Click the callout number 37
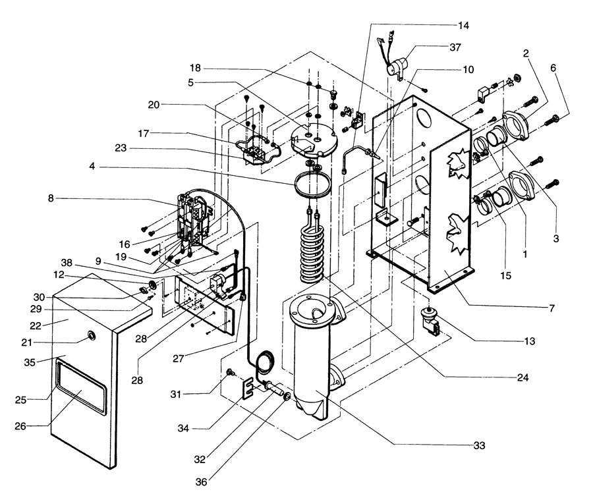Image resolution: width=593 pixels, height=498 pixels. coord(455,47)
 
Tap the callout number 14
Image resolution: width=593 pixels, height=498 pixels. coord(463,25)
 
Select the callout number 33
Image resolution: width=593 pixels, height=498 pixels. coord(479,445)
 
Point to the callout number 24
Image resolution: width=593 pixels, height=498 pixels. coord(522,377)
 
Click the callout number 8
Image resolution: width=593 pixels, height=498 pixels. coord(51,198)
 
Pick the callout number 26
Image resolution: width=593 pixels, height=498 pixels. coord(20,426)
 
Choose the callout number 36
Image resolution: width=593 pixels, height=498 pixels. coord(201,482)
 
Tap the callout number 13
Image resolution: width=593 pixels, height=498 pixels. coord(530,341)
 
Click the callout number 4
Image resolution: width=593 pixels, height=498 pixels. coord(92,166)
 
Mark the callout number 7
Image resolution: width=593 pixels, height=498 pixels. coord(551,308)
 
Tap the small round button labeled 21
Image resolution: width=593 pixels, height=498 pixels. coord(92,335)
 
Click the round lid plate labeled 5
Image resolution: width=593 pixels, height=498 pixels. coord(313,141)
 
